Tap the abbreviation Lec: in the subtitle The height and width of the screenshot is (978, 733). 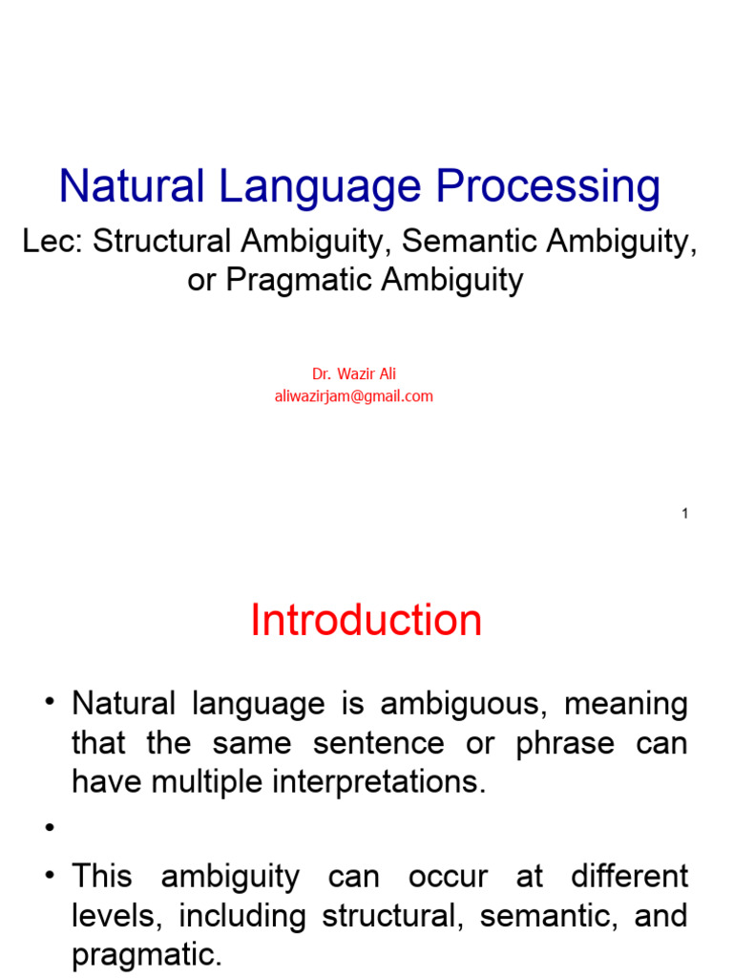(x=53, y=242)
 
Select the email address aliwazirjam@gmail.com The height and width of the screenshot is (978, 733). (x=353, y=396)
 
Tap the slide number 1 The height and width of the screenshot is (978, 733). (x=684, y=514)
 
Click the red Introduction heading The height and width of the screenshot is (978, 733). (x=366, y=621)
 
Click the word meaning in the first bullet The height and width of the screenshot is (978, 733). (x=626, y=705)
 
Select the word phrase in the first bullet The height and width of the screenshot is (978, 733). (x=565, y=743)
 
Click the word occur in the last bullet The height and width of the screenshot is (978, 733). (x=449, y=877)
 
